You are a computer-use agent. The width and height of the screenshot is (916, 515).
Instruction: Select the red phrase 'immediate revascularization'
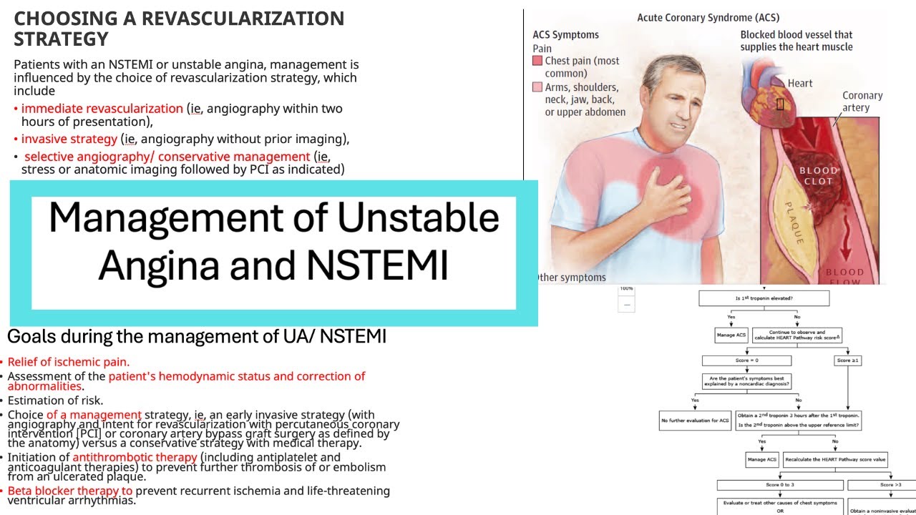click(102, 109)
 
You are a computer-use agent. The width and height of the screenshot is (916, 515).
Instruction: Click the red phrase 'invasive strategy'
click(69, 139)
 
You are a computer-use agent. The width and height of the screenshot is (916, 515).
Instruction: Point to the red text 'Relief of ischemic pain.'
click(69, 362)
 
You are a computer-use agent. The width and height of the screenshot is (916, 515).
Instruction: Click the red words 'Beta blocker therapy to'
click(70, 491)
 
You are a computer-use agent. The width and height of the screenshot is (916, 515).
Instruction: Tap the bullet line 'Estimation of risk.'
click(56, 401)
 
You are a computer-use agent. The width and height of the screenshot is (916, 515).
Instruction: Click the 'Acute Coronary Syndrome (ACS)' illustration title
click(708, 17)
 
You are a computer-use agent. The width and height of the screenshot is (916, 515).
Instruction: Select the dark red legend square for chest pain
click(537, 62)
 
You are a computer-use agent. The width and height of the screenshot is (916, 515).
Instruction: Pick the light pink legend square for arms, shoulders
click(537, 87)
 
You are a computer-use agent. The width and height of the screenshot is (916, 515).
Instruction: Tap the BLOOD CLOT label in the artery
click(818, 176)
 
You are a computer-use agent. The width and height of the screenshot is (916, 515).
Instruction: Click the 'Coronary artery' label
click(862, 102)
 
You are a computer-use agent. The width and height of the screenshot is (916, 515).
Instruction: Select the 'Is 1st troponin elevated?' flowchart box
click(764, 298)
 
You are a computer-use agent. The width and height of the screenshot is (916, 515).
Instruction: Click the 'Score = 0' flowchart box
click(746, 360)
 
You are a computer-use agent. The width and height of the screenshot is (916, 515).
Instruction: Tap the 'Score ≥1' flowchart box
click(847, 360)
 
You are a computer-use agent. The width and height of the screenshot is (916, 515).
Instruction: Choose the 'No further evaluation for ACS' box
click(694, 421)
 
